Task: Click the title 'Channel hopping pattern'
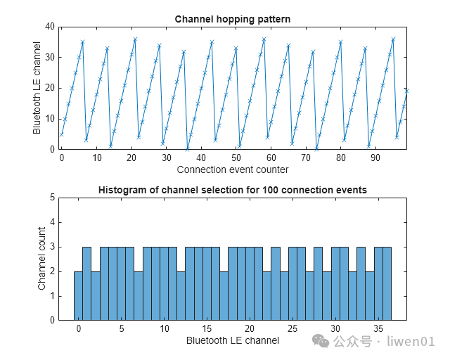tap(232, 18)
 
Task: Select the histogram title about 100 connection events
tap(232, 190)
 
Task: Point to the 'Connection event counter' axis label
tap(232, 169)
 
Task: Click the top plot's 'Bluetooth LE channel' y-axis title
tap(37, 88)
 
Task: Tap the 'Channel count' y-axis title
tap(42, 259)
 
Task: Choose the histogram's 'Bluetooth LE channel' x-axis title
tap(232, 341)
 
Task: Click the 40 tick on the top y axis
tap(50, 27)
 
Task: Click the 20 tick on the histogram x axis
tap(250, 329)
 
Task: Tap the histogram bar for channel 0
tap(78, 295)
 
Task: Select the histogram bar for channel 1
tap(86, 283)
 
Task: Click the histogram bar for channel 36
tap(387, 283)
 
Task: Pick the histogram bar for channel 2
tap(96, 295)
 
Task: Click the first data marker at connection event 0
tap(62, 134)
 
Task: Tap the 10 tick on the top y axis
tap(50, 118)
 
